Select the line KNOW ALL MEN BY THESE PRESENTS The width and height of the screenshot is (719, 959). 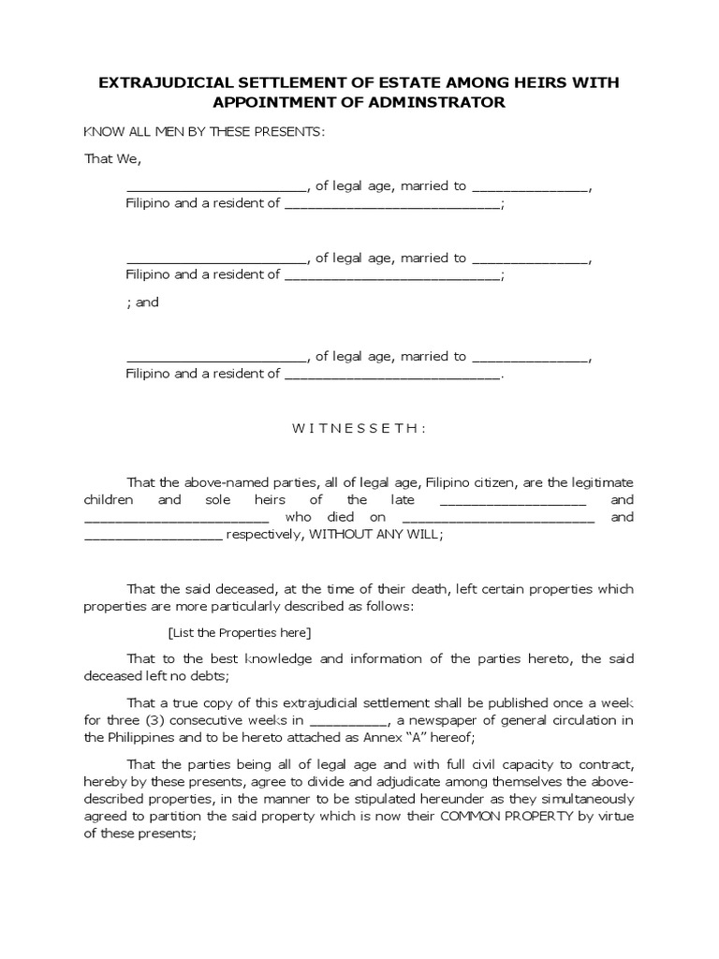(204, 131)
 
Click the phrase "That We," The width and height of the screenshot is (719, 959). (112, 158)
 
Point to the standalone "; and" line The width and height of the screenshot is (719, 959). (142, 302)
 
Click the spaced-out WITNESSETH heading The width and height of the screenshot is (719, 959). (359, 428)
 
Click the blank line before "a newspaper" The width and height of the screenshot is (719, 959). (346, 721)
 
